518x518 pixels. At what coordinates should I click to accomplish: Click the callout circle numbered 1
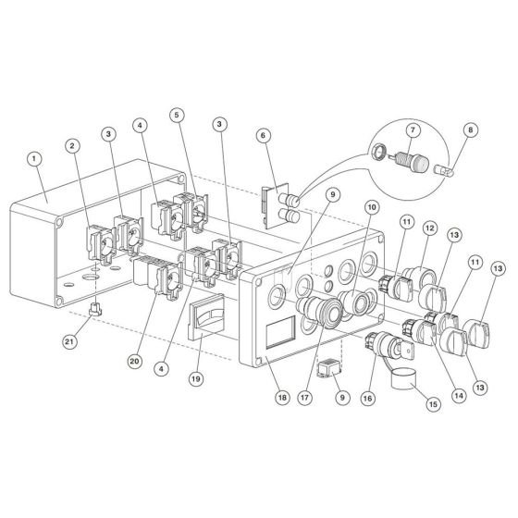[34, 158]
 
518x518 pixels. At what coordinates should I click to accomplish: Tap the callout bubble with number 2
[71, 144]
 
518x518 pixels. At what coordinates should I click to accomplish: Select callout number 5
[176, 115]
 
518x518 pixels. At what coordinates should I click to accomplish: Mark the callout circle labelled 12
[429, 228]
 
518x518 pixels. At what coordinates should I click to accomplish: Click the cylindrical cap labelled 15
[405, 379]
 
